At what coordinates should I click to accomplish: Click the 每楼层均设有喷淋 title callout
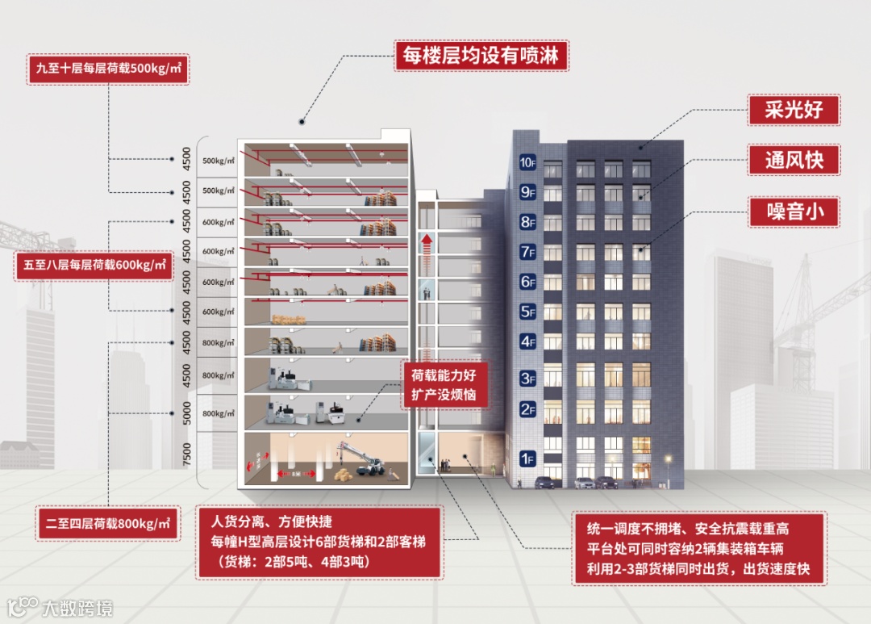click(481, 57)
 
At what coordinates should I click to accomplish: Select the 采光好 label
click(794, 108)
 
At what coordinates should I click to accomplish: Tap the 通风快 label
click(794, 161)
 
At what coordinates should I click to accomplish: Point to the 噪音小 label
click(794, 212)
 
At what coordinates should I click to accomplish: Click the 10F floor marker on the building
click(527, 162)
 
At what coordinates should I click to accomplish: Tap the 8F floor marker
click(527, 222)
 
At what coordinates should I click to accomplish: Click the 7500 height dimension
click(187, 455)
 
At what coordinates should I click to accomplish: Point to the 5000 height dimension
click(187, 414)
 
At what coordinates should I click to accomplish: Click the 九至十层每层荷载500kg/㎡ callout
click(107, 69)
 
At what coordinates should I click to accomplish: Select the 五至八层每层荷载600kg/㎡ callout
click(93, 265)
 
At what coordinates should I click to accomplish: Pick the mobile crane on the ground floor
click(373, 467)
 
